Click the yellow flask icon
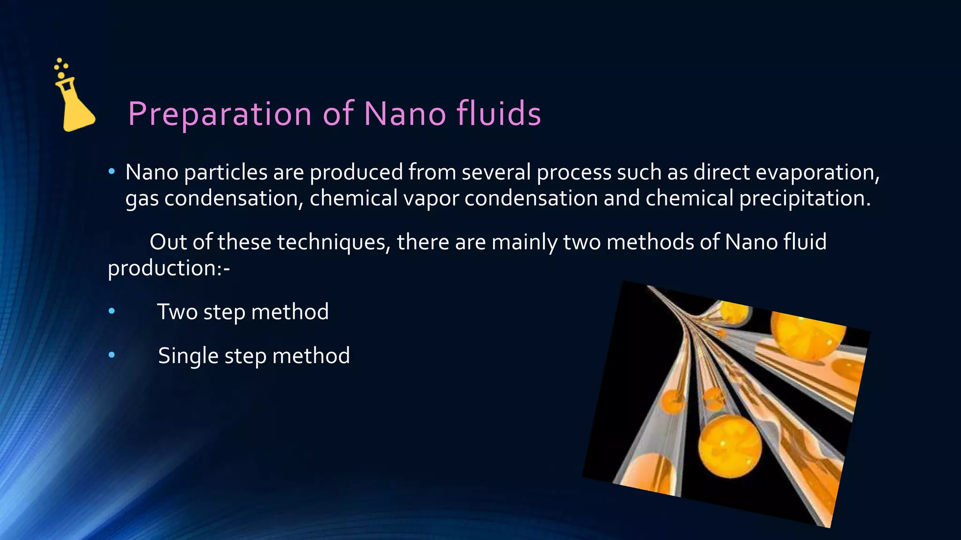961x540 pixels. point(75,105)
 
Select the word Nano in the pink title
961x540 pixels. point(404,114)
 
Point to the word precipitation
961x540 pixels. point(805,198)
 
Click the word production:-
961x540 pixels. point(169,268)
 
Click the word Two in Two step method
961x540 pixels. point(177,312)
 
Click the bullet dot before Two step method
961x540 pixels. point(112,311)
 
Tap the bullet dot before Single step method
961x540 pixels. point(112,355)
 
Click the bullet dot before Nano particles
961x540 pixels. point(112,172)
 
